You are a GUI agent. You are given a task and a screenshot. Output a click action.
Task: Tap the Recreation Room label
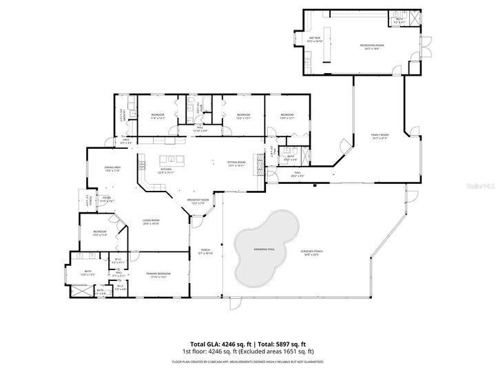(x=371, y=47)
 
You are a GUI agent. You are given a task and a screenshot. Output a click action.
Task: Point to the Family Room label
(x=380, y=136)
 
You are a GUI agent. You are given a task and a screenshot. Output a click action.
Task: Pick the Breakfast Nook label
(x=199, y=200)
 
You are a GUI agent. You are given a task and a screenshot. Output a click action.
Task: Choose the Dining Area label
(x=113, y=169)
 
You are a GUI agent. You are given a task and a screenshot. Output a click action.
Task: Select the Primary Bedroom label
(x=158, y=275)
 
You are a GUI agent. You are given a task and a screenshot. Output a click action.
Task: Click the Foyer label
(x=107, y=200)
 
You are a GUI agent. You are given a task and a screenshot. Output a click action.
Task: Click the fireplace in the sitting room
(x=260, y=162)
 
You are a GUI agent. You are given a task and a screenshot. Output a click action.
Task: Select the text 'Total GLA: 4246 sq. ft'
(x=220, y=344)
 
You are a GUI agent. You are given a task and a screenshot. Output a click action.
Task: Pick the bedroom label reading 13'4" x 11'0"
(x=100, y=234)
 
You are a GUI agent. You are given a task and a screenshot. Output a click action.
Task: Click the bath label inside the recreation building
(x=399, y=21)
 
